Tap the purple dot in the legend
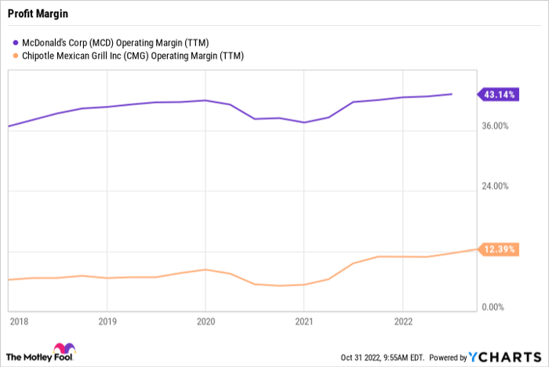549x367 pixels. [x=14, y=42]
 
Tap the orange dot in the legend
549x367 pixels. [x=14, y=55]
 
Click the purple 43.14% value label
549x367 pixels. [x=499, y=94]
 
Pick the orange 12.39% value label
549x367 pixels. [x=499, y=249]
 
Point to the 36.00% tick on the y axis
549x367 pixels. [x=494, y=125]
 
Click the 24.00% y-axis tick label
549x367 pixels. [x=494, y=187]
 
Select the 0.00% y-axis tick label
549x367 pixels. [x=496, y=307]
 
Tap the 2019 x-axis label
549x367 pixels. [x=107, y=322]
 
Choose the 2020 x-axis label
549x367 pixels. [x=205, y=322]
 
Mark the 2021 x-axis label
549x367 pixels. [x=304, y=322]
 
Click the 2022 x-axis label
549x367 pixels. [x=402, y=322]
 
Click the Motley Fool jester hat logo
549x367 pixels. [x=62, y=350]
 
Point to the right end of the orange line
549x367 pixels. [x=474, y=249]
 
